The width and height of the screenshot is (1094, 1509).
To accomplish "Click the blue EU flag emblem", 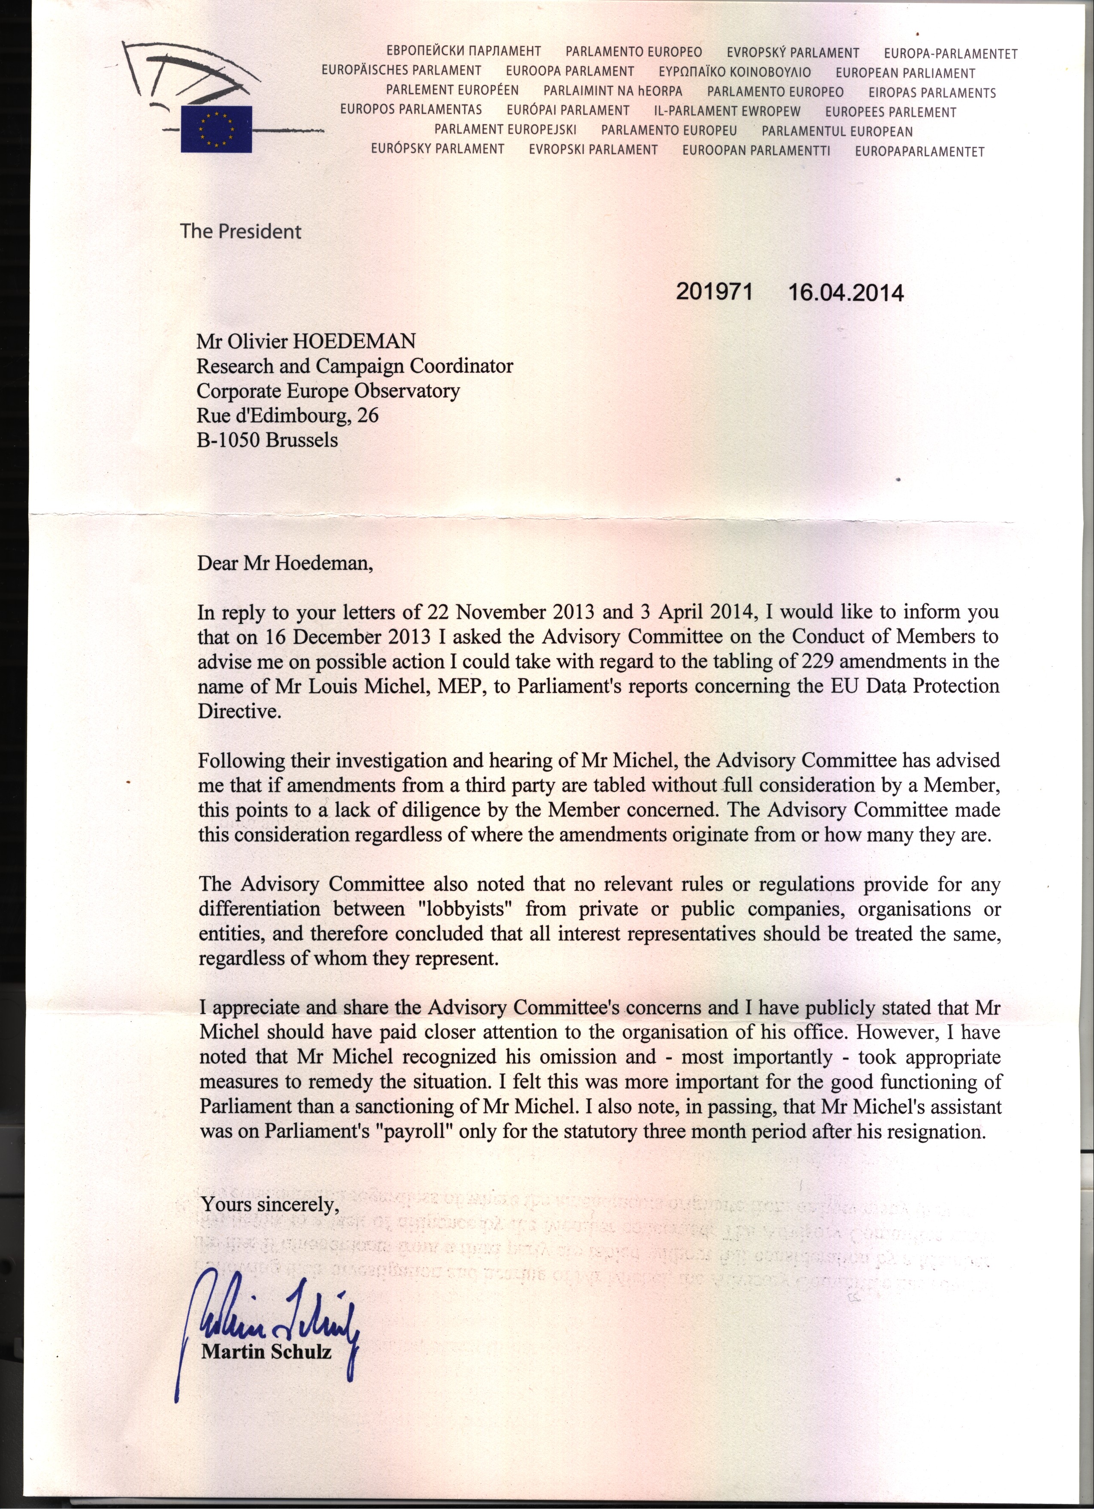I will click(216, 129).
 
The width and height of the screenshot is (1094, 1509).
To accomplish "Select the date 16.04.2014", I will click(846, 293).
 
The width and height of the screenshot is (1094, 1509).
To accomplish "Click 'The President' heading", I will click(240, 232).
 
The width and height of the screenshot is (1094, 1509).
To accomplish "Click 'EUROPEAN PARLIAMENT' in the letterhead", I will click(905, 73).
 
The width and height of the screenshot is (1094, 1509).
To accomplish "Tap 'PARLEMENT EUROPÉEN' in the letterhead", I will click(452, 91).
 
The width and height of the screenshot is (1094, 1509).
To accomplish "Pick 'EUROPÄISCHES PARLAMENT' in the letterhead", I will click(401, 70).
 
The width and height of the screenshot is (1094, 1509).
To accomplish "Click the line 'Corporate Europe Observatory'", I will click(328, 390).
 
